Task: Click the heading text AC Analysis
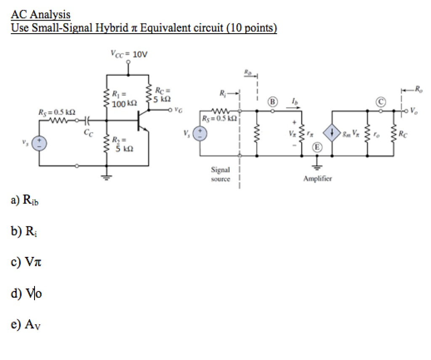coord(40,15)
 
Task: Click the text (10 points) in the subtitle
coord(251,28)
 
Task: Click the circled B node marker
coord(273,102)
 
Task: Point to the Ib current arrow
coord(294,104)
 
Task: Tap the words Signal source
coord(221,175)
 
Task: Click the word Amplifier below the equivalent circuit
coord(317,179)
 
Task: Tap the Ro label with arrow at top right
coord(410,89)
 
